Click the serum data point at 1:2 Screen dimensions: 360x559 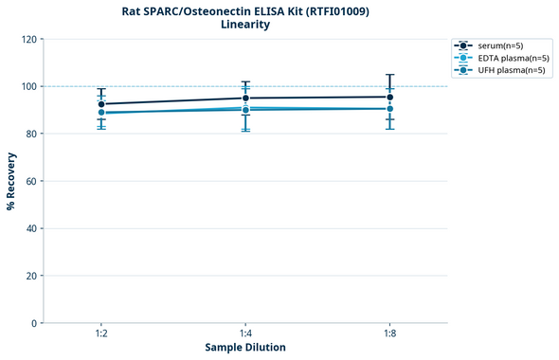coord(101,104)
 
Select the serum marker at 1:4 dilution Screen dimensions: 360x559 coord(245,99)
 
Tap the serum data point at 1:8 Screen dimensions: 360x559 coord(389,97)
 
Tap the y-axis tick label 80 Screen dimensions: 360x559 coord(30,134)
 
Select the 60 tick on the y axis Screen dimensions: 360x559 coord(30,181)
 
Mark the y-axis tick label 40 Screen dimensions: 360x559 coord(30,228)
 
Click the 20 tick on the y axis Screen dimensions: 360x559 coord(30,276)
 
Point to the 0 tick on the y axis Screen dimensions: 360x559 coord(33,323)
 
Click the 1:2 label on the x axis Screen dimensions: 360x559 coord(101,333)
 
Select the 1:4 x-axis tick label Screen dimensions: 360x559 coord(245,333)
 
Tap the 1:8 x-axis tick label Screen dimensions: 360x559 coord(389,333)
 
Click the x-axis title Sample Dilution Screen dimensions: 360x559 coord(245,348)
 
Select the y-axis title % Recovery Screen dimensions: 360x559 coord(11,180)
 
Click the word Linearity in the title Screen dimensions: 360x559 coord(245,25)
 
